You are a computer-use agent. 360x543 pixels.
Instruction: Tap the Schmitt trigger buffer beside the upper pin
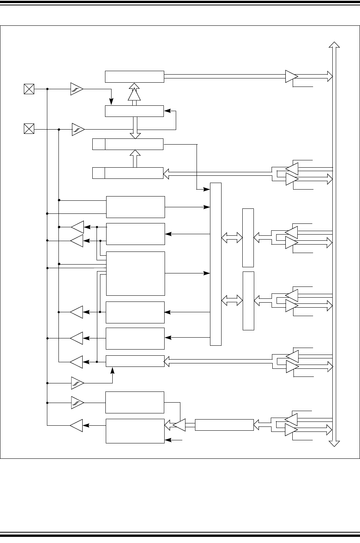77,89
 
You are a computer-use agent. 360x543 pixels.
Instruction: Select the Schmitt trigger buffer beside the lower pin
78,129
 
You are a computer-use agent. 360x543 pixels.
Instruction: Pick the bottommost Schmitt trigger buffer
78,403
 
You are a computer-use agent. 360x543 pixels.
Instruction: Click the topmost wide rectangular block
135,76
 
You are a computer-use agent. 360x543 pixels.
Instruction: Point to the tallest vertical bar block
216,264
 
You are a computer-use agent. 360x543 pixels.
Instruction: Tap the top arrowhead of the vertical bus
334,45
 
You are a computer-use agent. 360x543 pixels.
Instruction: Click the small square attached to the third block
99,144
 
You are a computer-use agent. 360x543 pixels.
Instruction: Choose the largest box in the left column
135,273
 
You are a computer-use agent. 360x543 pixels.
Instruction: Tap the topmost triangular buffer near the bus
291,76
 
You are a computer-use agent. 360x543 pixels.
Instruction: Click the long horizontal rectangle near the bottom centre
224,425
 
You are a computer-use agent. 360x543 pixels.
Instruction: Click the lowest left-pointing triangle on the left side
76,425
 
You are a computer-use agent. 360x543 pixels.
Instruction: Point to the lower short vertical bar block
248,301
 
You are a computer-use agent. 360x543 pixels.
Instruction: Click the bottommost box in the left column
135,431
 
